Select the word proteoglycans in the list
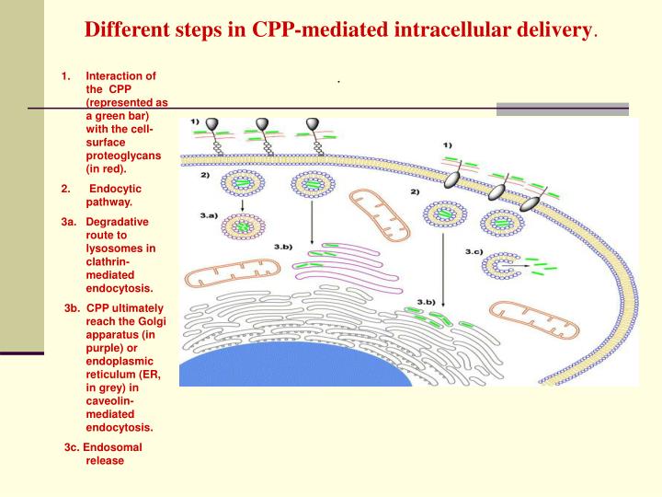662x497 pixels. coord(124,156)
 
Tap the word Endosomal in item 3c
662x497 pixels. coord(116,447)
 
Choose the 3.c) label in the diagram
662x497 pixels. coord(474,250)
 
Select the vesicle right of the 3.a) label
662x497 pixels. coord(242,226)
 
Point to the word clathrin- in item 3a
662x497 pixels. coord(109,261)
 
